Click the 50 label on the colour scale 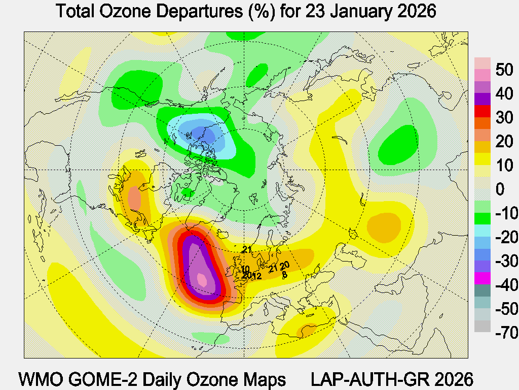(x=505, y=70)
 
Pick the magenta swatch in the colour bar (x=483, y=278)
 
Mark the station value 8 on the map (x=284, y=275)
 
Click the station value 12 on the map (x=256, y=276)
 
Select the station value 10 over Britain (x=245, y=269)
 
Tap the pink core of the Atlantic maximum (x=202, y=279)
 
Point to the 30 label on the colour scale (x=505, y=118)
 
